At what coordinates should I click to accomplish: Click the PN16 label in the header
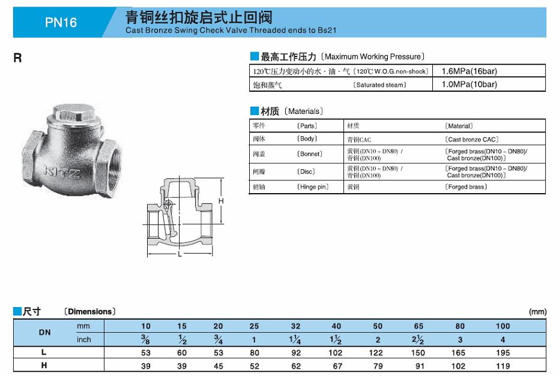[61, 22]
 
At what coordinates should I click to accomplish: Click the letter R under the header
[17, 58]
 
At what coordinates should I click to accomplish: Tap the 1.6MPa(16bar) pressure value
[469, 71]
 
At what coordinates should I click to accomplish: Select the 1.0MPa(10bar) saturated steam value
[469, 85]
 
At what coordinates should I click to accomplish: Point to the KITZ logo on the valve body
[62, 172]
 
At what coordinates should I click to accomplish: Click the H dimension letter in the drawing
[221, 201]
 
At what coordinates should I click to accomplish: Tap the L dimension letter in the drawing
[180, 254]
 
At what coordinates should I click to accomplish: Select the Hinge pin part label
[313, 187]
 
